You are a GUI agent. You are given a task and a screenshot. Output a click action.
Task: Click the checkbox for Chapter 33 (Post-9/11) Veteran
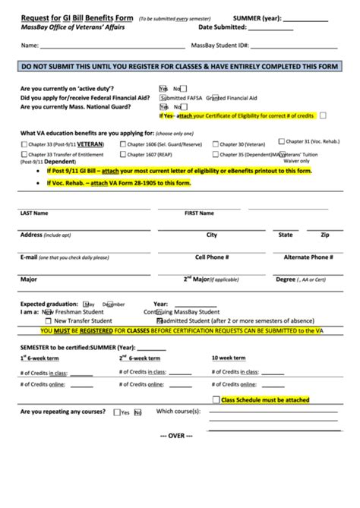pyautogui.click(x=24, y=144)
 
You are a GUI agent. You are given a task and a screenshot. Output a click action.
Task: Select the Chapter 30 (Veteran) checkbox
pyautogui.click(x=216, y=144)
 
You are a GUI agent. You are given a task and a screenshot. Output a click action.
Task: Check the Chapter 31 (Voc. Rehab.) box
pyautogui.click(x=283, y=140)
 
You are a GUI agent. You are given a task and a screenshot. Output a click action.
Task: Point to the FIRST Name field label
pyautogui.click(x=200, y=213)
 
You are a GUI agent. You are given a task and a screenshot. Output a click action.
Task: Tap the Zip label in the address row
pyautogui.click(x=324, y=235)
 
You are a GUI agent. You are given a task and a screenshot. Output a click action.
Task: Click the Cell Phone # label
pyautogui.click(x=212, y=257)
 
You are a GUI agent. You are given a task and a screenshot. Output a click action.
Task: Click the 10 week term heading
pyautogui.click(x=229, y=357)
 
